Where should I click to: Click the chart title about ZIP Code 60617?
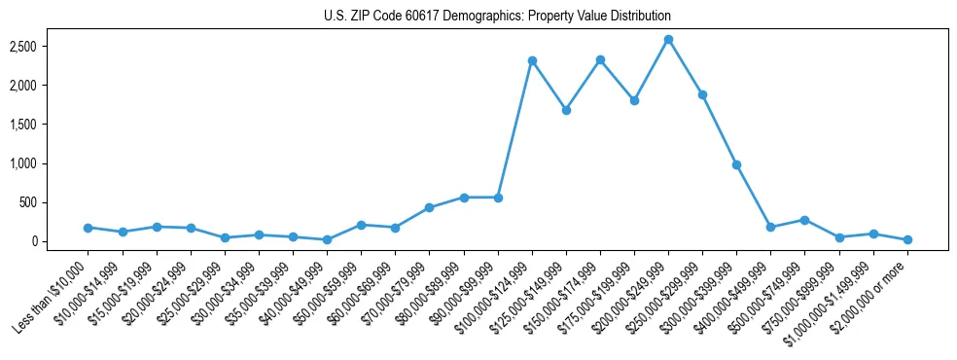click(497, 17)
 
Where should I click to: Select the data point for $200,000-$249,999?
click(668, 40)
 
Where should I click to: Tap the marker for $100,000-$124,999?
click(532, 60)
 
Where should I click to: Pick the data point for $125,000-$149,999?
click(566, 110)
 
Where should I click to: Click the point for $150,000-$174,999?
click(600, 59)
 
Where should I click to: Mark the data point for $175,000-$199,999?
click(634, 100)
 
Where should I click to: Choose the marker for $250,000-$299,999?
click(702, 94)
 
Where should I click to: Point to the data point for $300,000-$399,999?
click(736, 164)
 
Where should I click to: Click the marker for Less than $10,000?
click(88, 228)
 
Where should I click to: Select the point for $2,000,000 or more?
click(907, 239)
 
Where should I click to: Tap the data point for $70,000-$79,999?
click(429, 207)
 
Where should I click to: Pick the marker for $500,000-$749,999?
click(804, 220)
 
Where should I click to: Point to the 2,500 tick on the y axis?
click(50, 47)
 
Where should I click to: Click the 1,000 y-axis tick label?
click(50, 163)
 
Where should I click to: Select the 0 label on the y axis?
click(59, 241)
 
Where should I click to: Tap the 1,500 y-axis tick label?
click(50, 125)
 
